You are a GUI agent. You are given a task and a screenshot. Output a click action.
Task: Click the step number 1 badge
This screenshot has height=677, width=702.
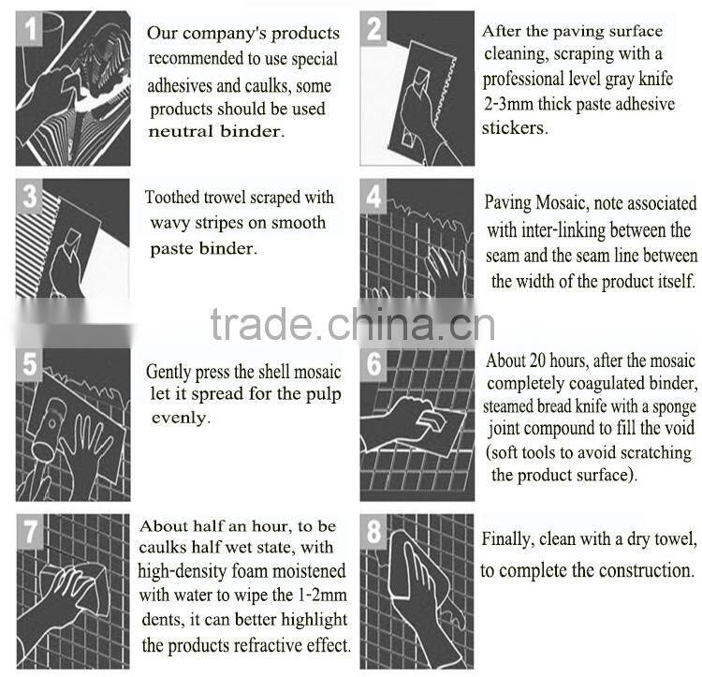[x=29, y=28]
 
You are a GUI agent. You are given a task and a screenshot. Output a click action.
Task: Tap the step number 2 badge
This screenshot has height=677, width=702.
[x=373, y=28]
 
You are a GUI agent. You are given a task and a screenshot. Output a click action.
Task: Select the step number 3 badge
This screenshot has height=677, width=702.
[x=29, y=196]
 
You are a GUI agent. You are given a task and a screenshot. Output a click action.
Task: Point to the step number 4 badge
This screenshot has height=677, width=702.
[x=373, y=196]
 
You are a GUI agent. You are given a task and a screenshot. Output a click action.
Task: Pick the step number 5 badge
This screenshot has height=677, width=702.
[x=29, y=364]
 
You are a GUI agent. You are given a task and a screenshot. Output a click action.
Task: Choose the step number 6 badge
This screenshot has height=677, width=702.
[x=373, y=364]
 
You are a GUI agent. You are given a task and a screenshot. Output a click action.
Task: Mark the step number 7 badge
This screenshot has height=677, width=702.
[x=30, y=532]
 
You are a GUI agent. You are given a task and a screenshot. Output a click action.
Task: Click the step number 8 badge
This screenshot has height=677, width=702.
[x=373, y=532]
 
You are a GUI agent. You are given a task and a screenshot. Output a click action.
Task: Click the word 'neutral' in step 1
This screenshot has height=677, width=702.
[x=181, y=132]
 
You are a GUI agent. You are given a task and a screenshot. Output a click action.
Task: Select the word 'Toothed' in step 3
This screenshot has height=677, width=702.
[x=172, y=197]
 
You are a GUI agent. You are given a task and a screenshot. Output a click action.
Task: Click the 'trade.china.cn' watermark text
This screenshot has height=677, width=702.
[x=353, y=325]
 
